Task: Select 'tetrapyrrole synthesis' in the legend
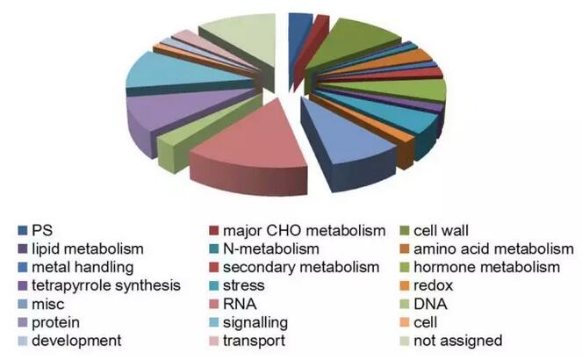tap(104, 285)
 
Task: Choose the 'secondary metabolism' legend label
tap(295, 267)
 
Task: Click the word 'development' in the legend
tap(76, 340)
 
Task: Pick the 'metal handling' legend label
tap(83, 267)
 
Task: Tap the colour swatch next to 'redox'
tap(416, 286)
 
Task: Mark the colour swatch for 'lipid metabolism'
tap(21, 249)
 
